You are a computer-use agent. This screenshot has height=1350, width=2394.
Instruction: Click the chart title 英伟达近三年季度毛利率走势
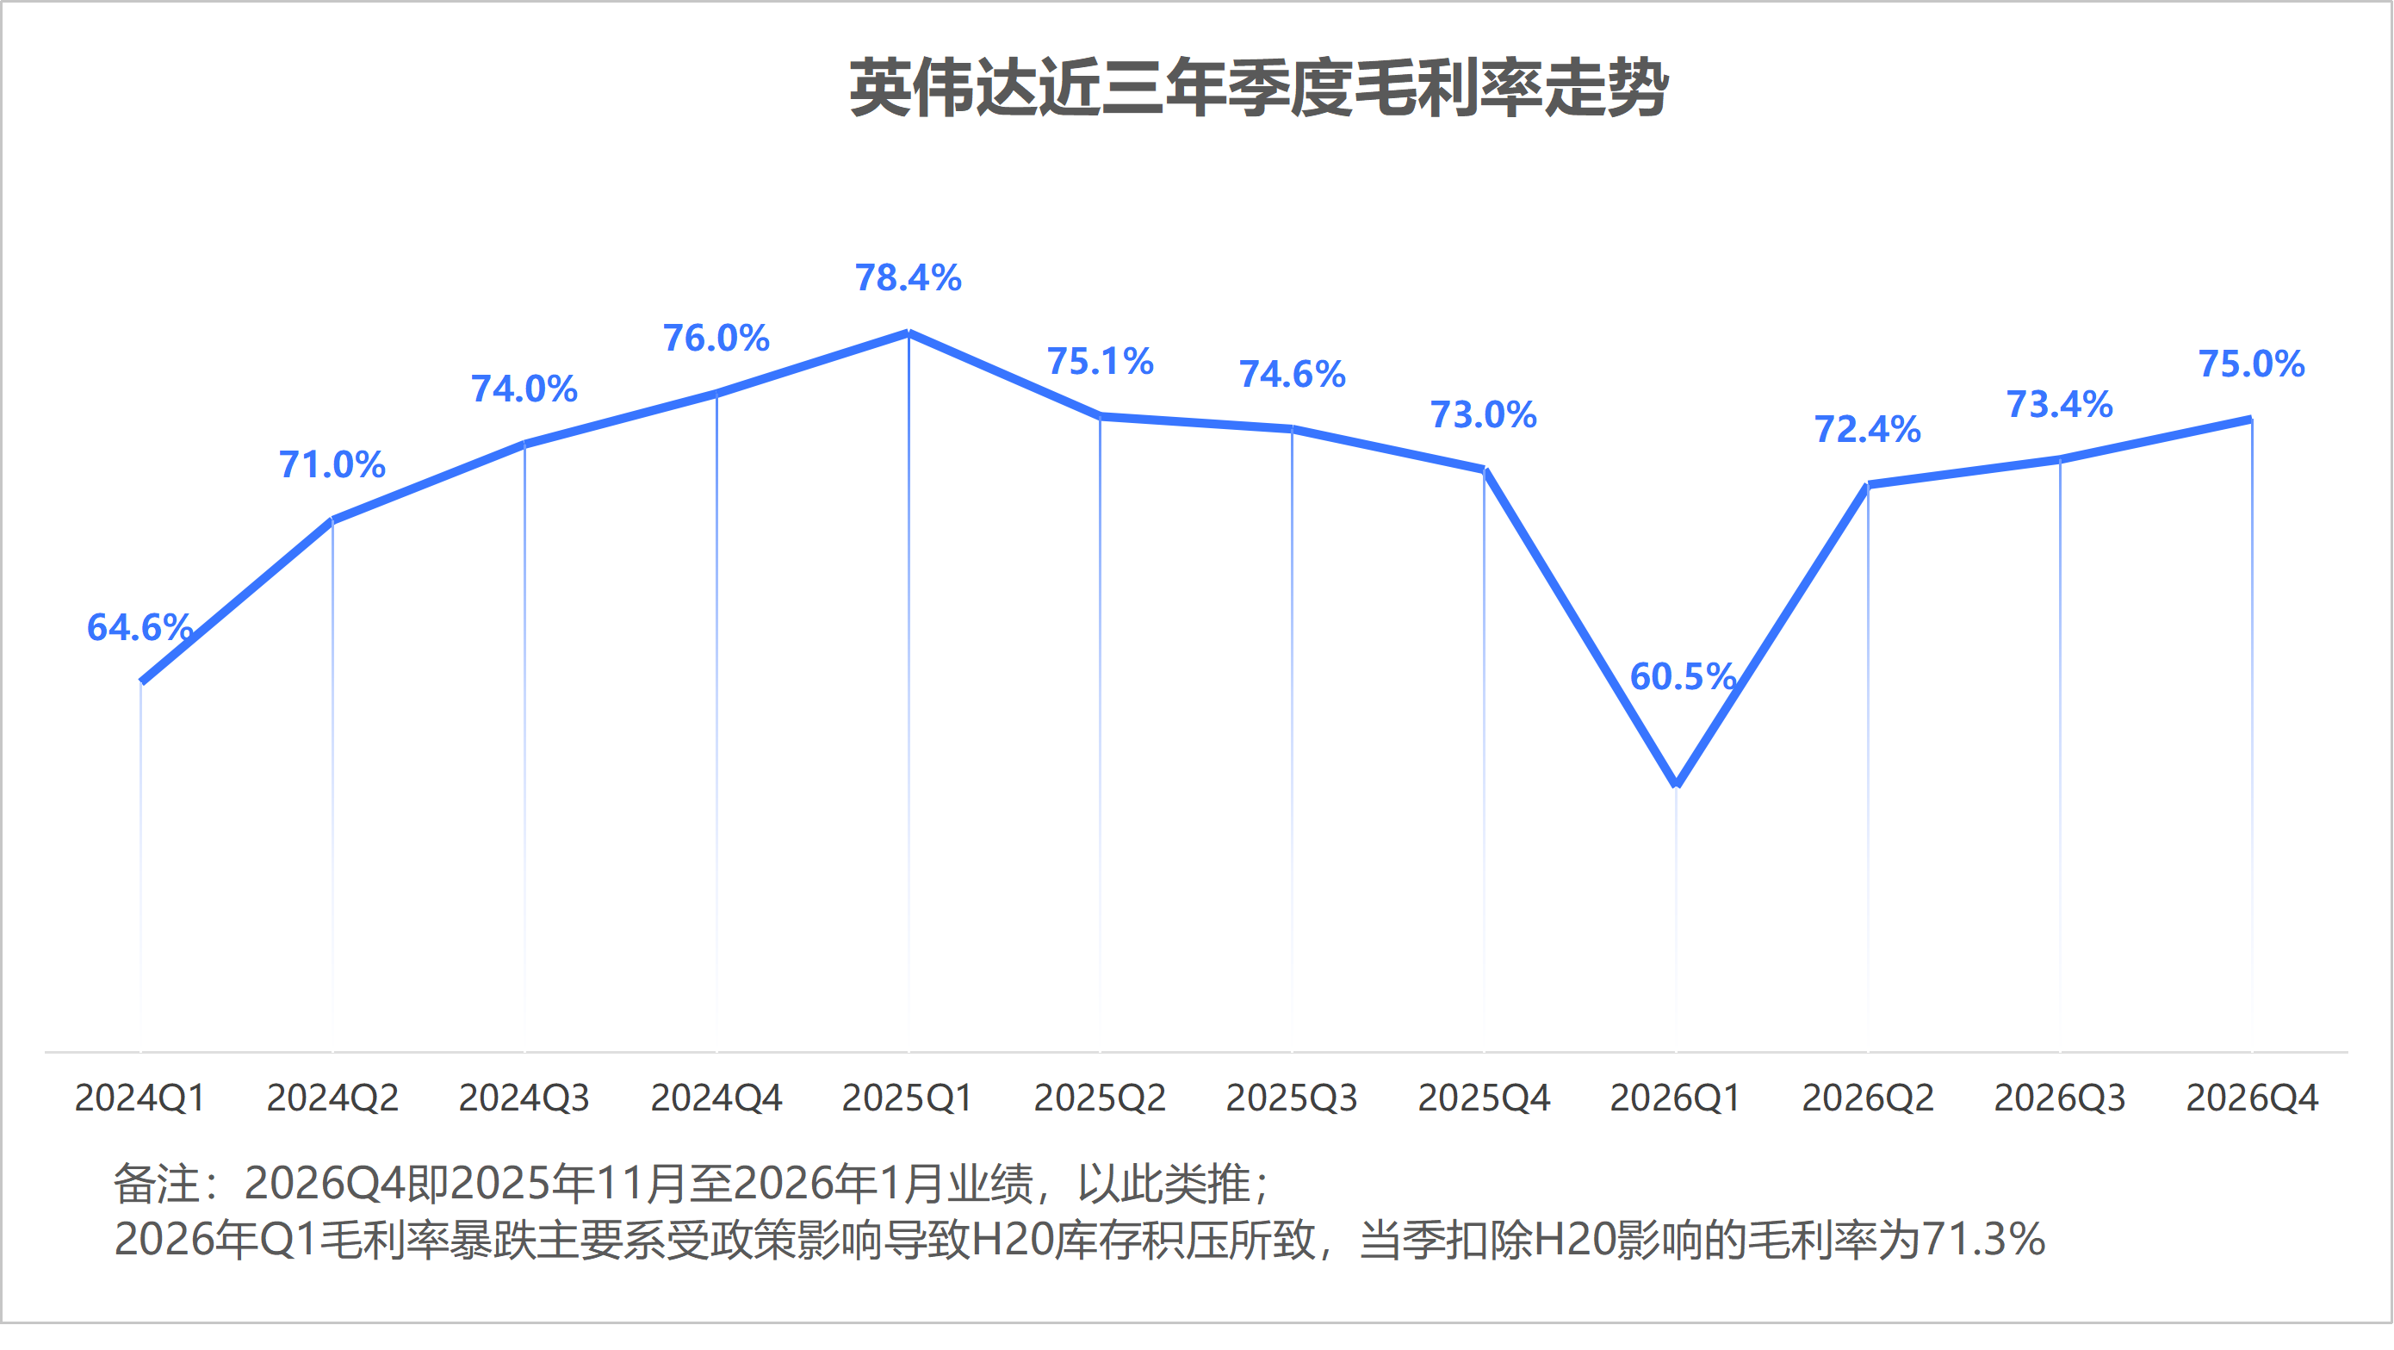(1258, 90)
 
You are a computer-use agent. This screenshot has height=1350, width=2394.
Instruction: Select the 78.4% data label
(908, 278)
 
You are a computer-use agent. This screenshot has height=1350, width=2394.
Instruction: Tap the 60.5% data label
(1683, 677)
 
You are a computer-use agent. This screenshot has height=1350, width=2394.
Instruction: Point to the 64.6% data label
(140, 627)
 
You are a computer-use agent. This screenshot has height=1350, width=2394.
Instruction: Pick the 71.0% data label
(332, 465)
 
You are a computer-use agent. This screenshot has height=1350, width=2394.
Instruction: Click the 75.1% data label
(1101, 362)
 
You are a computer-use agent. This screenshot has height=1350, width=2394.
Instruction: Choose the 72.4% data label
(1867, 430)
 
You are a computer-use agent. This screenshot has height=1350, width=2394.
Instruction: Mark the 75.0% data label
(2251, 364)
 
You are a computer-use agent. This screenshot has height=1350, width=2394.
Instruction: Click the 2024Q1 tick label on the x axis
(140, 1098)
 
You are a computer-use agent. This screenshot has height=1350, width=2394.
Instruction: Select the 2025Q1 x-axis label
(907, 1098)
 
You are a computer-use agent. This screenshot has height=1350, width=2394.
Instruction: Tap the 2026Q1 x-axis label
(1675, 1098)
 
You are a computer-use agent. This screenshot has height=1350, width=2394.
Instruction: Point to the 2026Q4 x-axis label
(2252, 1098)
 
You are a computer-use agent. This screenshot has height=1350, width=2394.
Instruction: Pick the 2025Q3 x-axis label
(1291, 1098)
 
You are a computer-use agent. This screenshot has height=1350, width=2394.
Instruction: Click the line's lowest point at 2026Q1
(1676, 784)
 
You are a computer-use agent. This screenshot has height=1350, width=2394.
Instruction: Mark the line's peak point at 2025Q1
(908, 333)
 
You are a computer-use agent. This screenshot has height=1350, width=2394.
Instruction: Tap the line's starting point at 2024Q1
(141, 681)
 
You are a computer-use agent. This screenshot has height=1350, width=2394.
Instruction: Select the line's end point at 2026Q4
(2250, 420)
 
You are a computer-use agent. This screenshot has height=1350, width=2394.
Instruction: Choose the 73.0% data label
(1483, 414)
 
